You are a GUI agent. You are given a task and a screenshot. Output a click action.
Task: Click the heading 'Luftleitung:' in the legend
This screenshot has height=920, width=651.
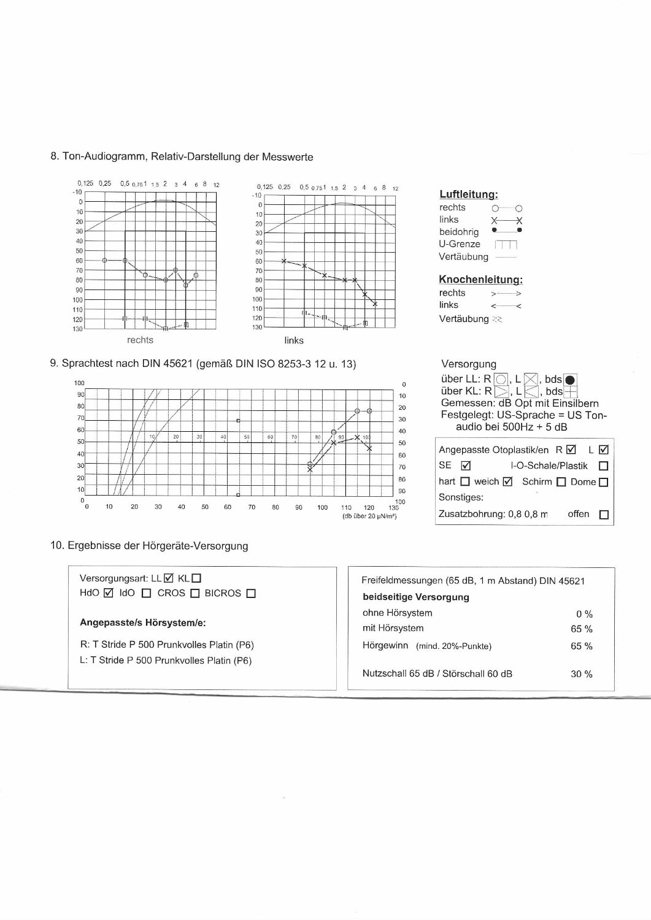click(468, 194)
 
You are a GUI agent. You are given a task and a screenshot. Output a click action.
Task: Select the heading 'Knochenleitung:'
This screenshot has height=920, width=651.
click(480, 280)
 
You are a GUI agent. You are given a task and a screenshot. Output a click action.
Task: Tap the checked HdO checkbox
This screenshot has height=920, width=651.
click(109, 593)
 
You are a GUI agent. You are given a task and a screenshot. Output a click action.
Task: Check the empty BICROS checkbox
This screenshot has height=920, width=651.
click(250, 593)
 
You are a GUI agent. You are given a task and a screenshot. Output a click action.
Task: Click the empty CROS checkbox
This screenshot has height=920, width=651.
click(195, 593)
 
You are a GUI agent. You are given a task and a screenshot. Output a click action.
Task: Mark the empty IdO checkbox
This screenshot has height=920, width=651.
click(146, 593)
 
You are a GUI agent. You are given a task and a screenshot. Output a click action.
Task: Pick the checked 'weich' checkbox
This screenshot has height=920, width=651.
click(507, 482)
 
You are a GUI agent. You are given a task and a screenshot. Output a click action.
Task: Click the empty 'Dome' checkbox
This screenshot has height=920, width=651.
click(603, 482)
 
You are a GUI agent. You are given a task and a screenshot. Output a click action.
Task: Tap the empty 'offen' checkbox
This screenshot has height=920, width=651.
click(603, 515)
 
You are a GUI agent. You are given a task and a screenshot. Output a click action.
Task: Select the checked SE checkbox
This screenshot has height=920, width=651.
click(465, 466)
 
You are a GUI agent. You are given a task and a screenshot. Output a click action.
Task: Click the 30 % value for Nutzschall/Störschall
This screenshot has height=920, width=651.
click(581, 674)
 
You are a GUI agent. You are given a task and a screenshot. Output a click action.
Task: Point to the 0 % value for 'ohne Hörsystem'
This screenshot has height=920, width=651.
click(584, 614)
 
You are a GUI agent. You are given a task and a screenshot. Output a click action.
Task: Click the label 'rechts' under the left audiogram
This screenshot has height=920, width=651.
click(140, 340)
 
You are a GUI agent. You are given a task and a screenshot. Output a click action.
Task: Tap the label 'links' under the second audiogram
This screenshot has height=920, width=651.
click(294, 340)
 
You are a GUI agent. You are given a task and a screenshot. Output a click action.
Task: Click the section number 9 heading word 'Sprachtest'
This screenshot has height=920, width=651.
click(84, 364)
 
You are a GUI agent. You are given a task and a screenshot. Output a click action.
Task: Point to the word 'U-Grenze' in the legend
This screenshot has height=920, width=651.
click(460, 244)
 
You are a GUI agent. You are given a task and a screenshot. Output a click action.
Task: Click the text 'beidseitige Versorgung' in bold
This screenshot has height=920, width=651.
click(416, 597)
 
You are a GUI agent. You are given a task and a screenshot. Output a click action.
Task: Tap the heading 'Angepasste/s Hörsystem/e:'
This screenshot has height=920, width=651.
click(143, 623)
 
